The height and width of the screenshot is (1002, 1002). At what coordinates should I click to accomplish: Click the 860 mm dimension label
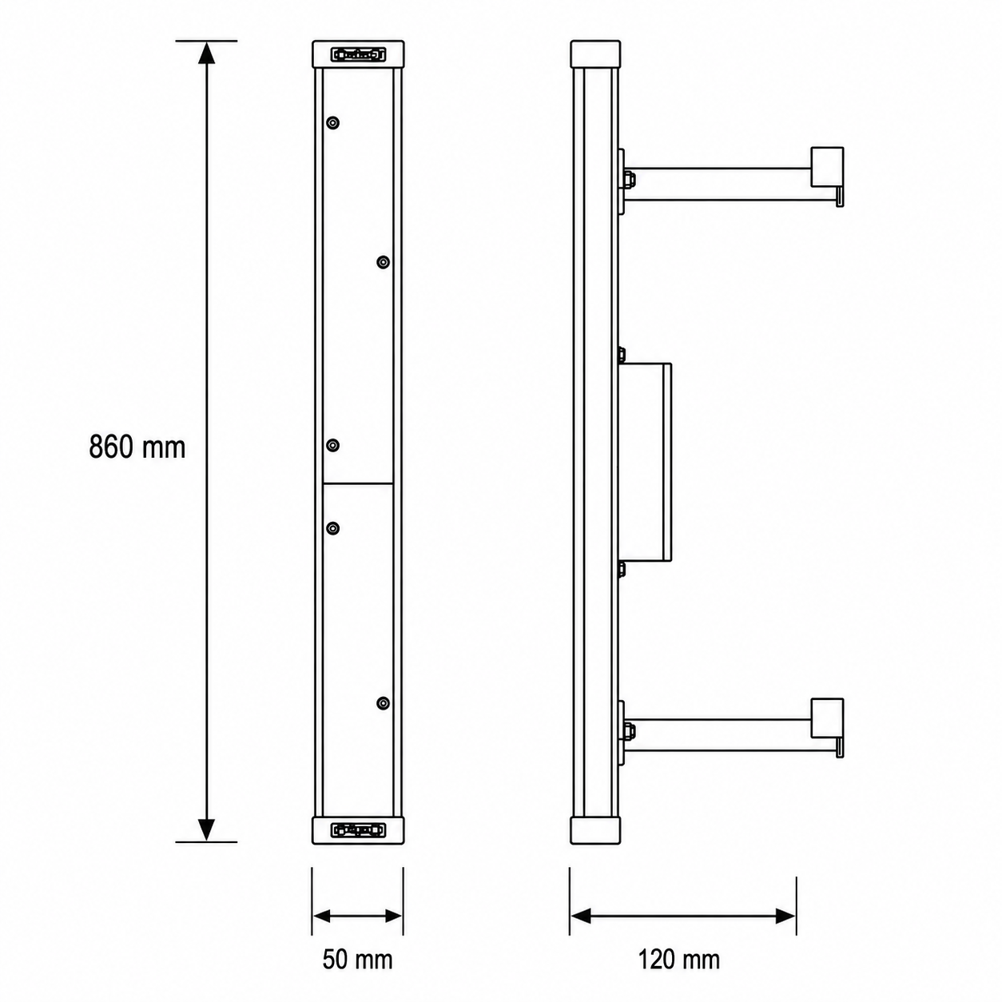pos(137,447)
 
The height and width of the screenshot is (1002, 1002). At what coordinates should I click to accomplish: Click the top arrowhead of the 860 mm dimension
pos(207,53)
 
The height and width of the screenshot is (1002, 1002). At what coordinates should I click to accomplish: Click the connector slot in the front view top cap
pos(358,54)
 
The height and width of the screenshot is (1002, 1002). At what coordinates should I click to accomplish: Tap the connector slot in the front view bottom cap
pos(358,830)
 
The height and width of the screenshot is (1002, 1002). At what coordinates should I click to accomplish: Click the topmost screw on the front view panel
pos(332,123)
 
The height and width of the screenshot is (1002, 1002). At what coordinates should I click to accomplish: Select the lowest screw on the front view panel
pos(384,703)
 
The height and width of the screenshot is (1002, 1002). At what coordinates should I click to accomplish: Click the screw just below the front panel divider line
pos(332,529)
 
